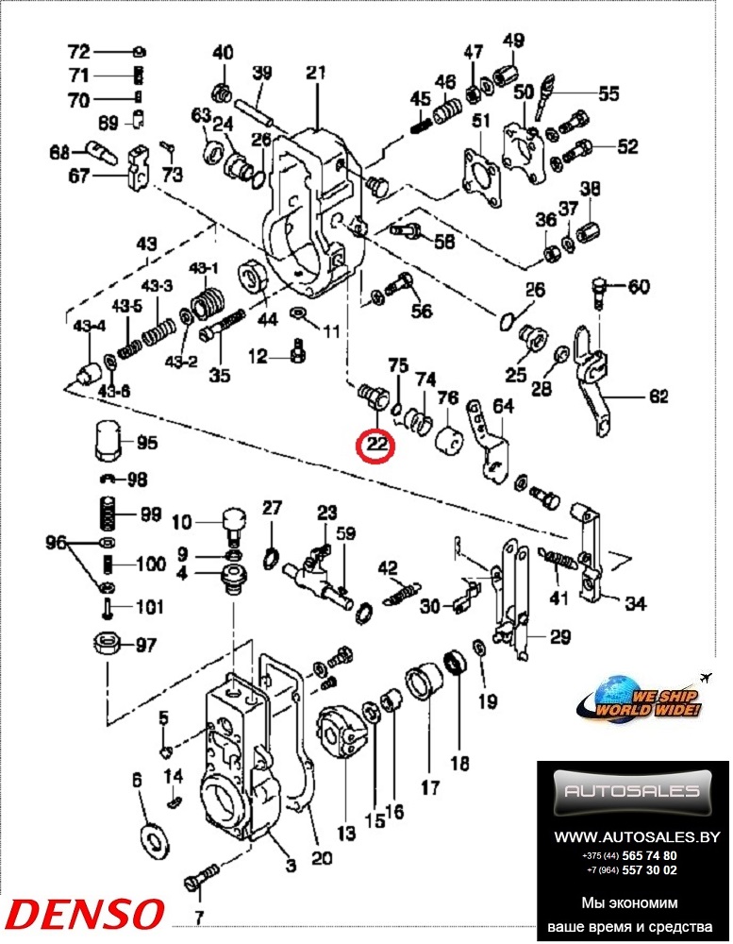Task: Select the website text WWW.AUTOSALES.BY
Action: (x=637, y=836)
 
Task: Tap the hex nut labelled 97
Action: (x=105, y=646)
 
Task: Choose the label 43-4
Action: (x=92, y=327)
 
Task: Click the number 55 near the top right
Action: (x=608, y=93)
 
